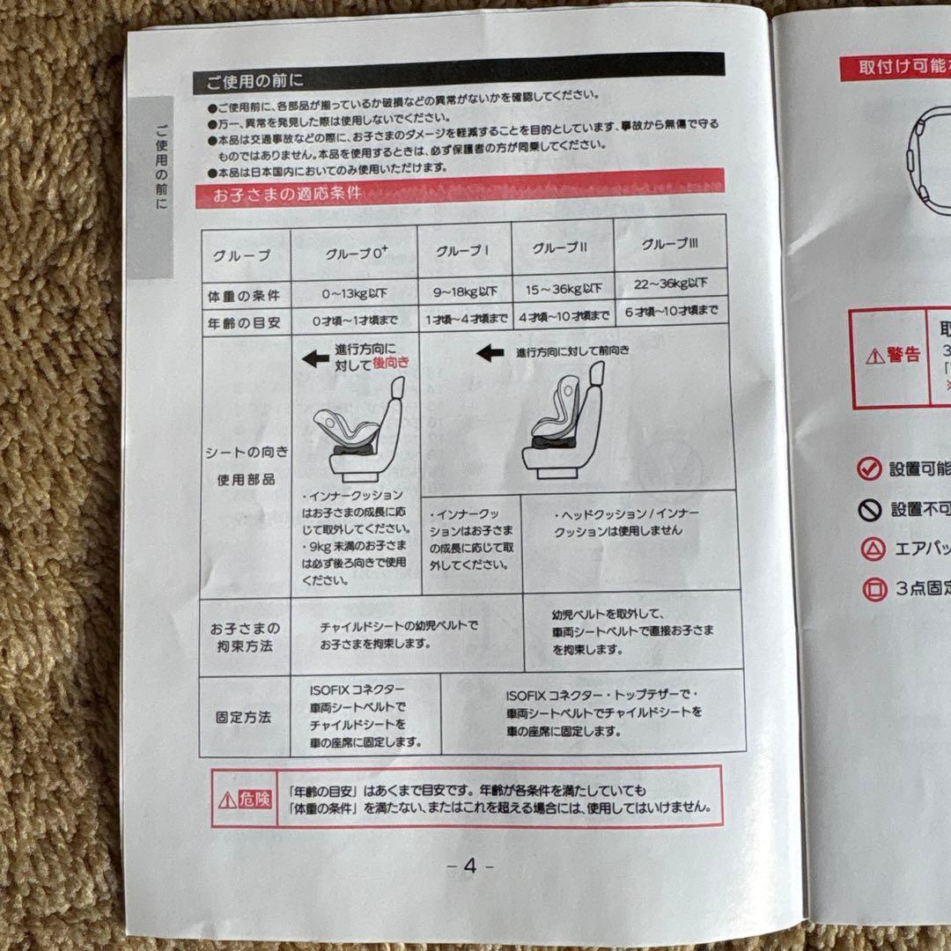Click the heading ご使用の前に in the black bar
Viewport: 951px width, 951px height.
(255, 82)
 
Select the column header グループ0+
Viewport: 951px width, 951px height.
(357, 254)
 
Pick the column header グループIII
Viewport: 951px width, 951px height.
(669, 244)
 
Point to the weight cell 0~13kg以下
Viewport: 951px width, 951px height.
(355, 292)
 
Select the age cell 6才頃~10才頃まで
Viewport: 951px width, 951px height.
(671, 310)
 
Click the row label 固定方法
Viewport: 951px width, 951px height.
(243, 717)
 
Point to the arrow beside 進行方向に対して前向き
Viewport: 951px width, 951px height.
(490, 353)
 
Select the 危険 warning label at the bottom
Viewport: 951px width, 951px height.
(243, 800)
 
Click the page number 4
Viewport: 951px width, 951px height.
(469, 866)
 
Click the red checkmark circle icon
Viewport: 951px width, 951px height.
(869, 468)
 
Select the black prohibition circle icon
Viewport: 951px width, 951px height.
(869, 510)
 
